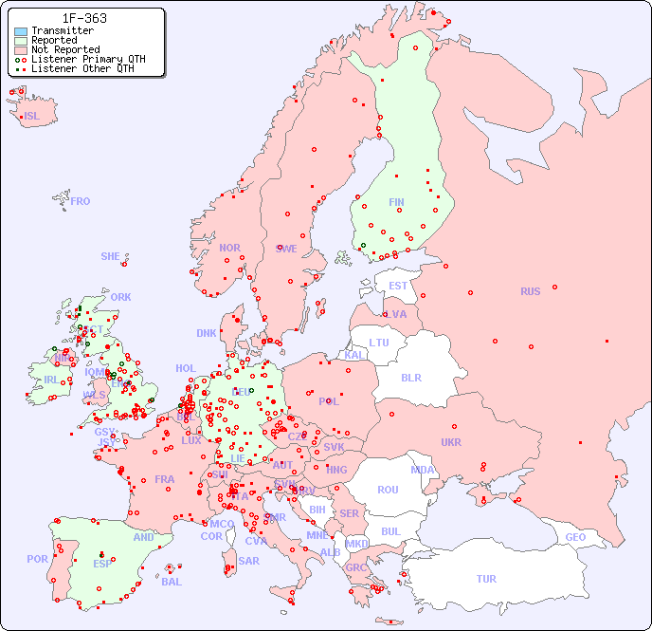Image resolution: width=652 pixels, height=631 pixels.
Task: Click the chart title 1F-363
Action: (84, 18)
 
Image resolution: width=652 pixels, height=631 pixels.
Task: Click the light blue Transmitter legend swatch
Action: (21, 31)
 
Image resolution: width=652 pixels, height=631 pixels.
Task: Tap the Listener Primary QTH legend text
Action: (88, 59)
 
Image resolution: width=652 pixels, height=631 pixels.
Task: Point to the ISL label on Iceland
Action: (32, 117)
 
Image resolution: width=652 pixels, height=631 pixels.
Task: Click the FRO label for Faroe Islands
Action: (81, 201)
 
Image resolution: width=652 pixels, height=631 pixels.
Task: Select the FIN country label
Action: (396, 202)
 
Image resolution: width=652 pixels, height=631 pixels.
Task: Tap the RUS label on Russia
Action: (530, 291)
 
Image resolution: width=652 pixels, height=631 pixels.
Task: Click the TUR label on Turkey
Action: (486, 579)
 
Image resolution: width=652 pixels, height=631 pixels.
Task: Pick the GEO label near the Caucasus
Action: (575, 537)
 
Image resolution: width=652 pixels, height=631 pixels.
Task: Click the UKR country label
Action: (451, 442)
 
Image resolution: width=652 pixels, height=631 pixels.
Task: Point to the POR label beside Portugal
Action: (37, 559)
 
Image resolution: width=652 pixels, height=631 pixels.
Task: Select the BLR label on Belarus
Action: (411, 377)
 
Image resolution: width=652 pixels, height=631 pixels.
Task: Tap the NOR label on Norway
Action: (229, 248)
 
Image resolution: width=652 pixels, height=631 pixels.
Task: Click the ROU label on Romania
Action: (388, 490)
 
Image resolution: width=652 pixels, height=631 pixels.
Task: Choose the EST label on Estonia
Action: (398, 286)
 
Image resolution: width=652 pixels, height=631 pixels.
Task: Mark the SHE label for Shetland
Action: (111, 256)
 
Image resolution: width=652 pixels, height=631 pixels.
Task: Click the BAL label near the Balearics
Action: (172, 582)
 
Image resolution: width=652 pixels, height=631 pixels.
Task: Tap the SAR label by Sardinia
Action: (248, 561)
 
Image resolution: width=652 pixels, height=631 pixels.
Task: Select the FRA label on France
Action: (165, 479)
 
